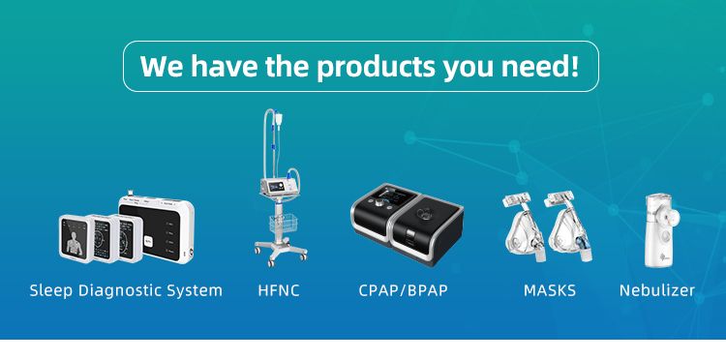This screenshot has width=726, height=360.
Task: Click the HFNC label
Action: click(x=279, y=290)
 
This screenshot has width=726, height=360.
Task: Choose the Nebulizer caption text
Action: click(x=656, y=290)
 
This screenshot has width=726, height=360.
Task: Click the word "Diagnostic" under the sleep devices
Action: click(x=116, y=290)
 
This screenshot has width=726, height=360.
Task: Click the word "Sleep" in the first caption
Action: click(x=49, y=290)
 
